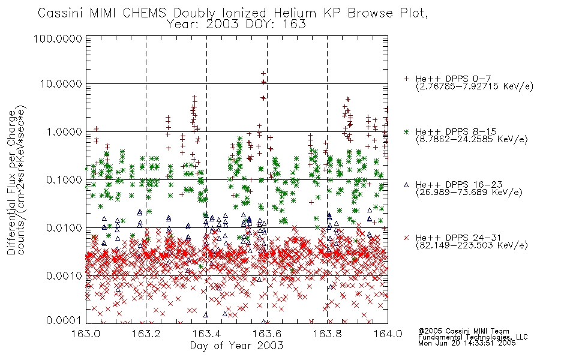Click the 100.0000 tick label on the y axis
tap(58, 38)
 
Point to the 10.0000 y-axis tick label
tap(61, 84)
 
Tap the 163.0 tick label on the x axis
tap(86, 334)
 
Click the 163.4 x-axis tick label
tap(206, 334)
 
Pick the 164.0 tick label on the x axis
tap(388, 334)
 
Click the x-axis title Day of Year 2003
tap(236, 346)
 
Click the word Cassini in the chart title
tap(61, 13)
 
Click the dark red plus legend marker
tap(406, 79)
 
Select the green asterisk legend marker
tap(406, 131)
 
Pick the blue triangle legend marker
tap(406, 185)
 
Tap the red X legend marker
tap(406, 238)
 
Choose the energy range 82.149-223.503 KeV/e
tap(472, 245)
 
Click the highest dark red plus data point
tap(263, 73)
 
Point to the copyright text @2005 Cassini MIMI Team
tap(463, 331)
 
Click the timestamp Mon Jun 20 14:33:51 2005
tap(467, 343)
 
